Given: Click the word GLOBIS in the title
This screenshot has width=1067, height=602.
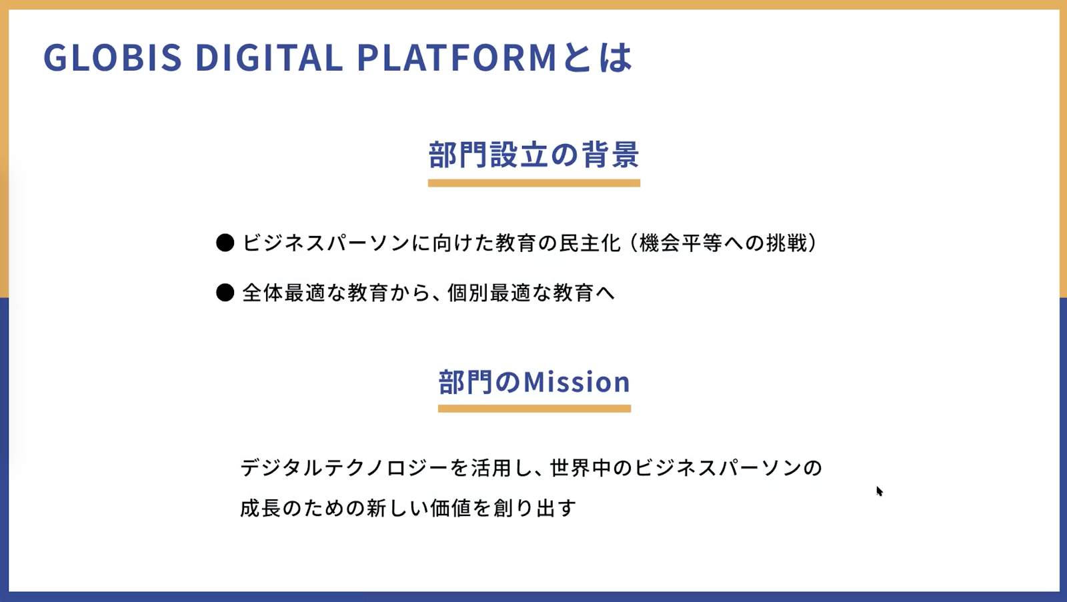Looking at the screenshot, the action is (113, 57).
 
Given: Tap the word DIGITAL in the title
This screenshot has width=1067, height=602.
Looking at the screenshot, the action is (269, 57).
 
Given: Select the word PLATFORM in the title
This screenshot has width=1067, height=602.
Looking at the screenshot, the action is (457, 57).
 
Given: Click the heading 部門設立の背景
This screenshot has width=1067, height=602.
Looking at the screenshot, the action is (533, 155).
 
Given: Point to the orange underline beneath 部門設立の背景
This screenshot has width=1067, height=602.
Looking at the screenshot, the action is (534, 183).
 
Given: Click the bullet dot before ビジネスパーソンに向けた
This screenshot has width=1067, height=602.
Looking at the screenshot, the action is (225, 243).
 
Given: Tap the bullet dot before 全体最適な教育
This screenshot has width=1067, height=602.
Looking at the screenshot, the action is (225, 293).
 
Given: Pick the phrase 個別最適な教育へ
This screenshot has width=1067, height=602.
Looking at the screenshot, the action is (531, 293).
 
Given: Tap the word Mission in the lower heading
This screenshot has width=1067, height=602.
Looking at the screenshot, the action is (577, 382).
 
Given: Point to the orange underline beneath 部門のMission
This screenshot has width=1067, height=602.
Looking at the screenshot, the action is (534, 409).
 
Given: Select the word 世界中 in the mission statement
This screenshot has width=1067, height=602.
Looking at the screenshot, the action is (581, 468).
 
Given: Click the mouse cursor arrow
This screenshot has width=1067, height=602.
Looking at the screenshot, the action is (880, 491).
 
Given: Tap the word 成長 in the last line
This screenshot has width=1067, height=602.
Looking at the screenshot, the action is (260, 508).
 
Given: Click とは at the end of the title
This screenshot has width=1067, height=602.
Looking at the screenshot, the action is (598, 57).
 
